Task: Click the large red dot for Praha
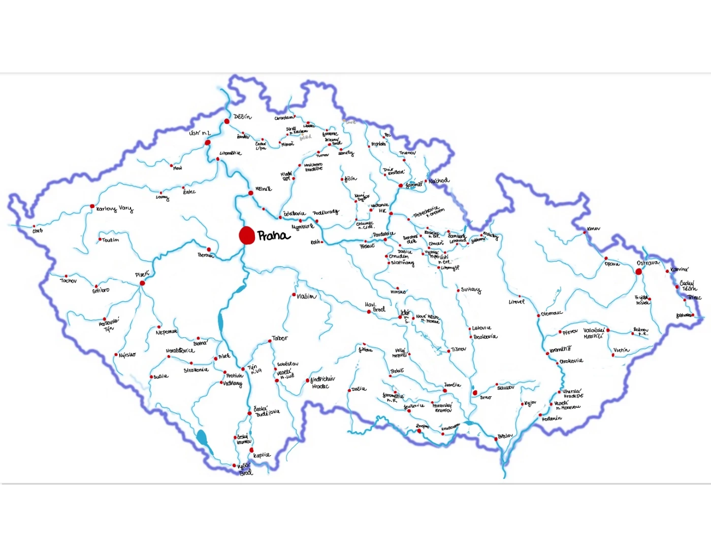tap(247, 235)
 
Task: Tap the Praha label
tap(273, 236)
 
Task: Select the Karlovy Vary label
tap(114, 208)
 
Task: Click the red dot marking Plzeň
tap(142, 283)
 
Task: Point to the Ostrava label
tap(648, 263)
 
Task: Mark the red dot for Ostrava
tap(638, 271)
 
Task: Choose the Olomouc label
tap(552, 313)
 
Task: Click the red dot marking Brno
tap(475, 393)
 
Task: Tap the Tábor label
tap(280, 338)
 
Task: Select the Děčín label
tap(242, 117)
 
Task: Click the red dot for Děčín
tap(227, 121)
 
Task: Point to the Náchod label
tap(439, 181)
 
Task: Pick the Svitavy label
tap(471, 290)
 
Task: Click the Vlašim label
tap(306, 296)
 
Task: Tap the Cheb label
tap(38, 231)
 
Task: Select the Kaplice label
tap(262, 455)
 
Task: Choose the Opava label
tap(612, 264)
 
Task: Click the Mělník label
tap(263, 189)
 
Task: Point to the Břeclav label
tap(505, 436)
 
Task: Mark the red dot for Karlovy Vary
tap(92, 206)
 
